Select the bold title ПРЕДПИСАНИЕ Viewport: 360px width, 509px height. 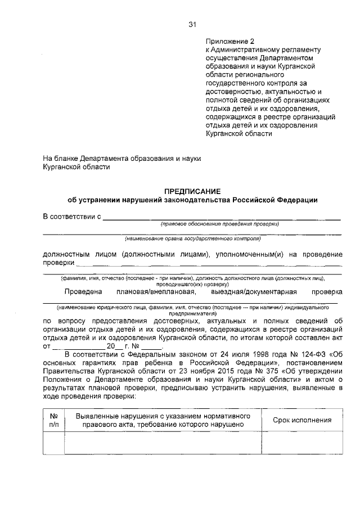pos(192,191)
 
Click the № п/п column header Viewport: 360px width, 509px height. pos(55,420)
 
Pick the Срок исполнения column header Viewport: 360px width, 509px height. pos(302,420)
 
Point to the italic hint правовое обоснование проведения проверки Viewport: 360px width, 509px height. pos(220,224)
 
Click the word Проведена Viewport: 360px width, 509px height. pos(83,291)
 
